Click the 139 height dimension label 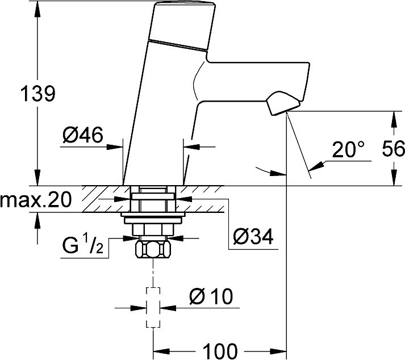[37, 94]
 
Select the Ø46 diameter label [83, 135]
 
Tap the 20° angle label [348, 149]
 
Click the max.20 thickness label [36, 200]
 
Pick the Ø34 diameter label [253, 236]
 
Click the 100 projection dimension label [220, 351]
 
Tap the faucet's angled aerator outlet [283, 103]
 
